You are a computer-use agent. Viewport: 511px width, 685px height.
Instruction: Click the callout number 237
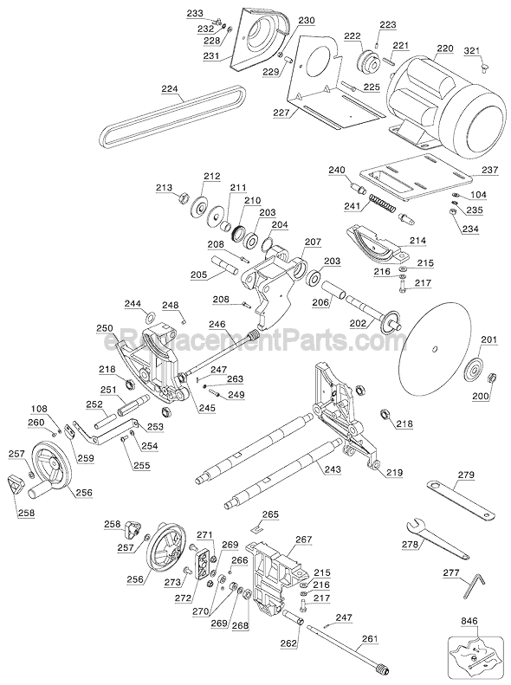coord(490,170)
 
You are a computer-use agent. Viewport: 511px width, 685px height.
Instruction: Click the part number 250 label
coord(105,329)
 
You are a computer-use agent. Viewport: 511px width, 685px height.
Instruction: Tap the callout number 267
coord(303,539)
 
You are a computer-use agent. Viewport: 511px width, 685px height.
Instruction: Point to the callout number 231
coord(211,55)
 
